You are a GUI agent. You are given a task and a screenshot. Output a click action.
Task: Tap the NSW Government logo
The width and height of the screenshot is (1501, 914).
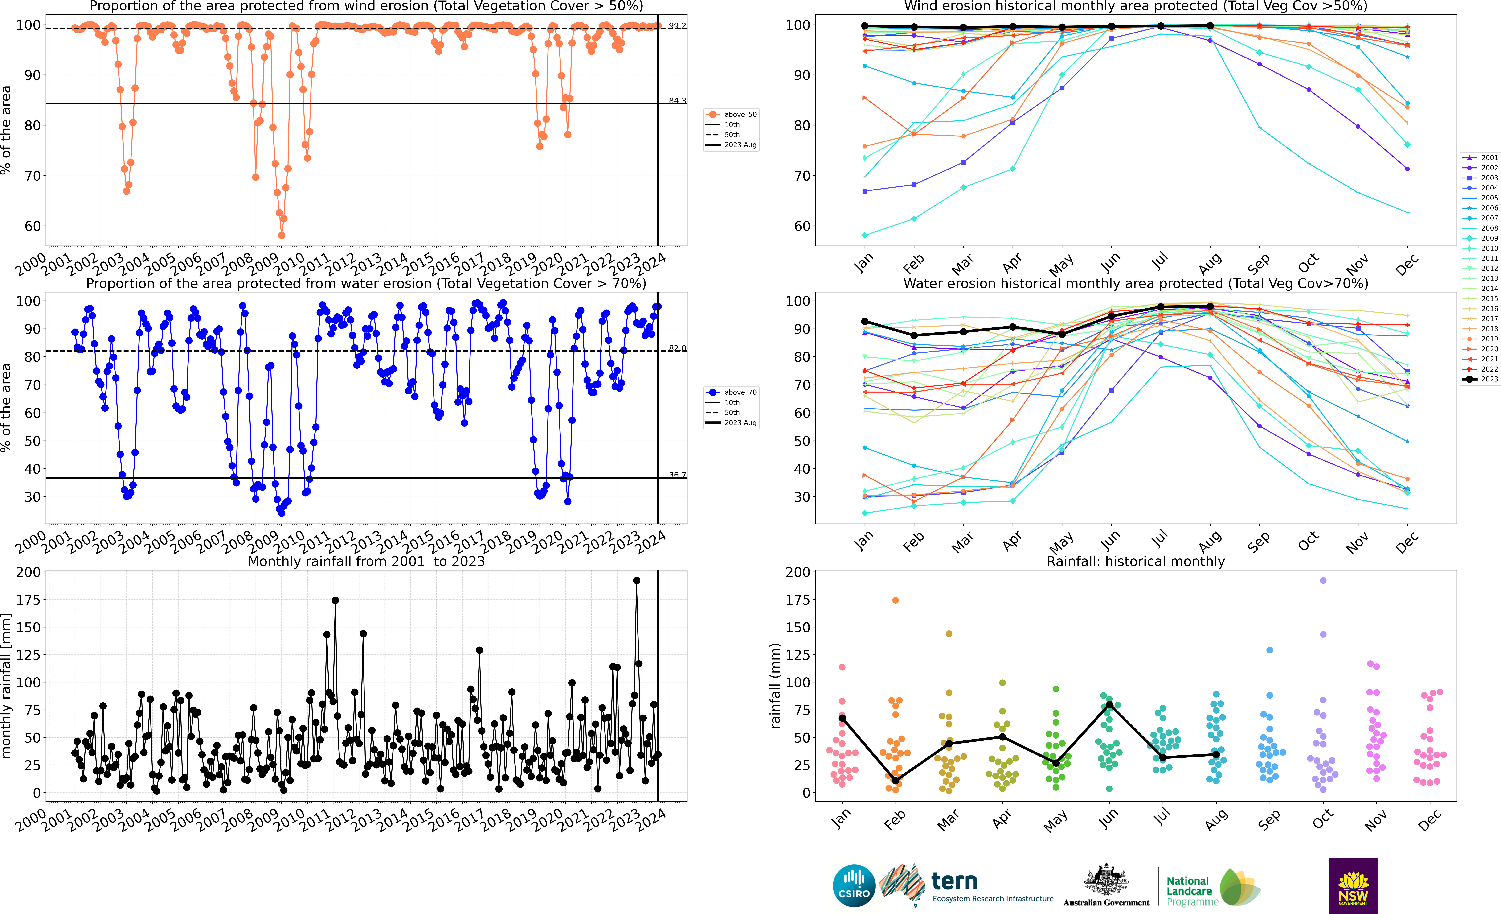[1353, 885]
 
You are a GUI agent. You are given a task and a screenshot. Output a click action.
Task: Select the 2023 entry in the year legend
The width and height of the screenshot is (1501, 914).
[1480, 379]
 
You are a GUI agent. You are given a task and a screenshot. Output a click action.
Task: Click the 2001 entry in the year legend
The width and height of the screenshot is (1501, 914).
[1480, 158]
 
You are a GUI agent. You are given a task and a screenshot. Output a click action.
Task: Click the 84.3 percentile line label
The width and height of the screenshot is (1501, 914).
[677, 101]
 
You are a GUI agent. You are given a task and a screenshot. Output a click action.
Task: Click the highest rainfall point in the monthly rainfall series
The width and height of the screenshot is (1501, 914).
[637, 581]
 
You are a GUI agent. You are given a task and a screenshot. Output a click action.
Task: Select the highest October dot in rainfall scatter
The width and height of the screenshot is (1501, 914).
[1322, 581]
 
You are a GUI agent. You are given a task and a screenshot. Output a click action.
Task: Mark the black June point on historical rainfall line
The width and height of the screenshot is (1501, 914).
[1109, 705]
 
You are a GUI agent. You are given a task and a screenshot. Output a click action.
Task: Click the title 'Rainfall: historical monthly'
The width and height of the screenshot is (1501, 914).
[1136, 561]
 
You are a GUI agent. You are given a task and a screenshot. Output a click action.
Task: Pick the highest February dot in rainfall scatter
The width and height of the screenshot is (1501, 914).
[896, 600]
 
